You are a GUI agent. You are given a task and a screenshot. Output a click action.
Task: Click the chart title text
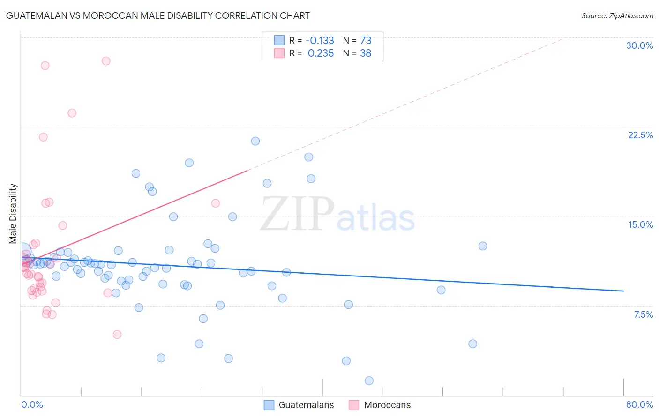coord(157,15)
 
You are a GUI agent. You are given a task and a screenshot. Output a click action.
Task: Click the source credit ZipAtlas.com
coord(617,15)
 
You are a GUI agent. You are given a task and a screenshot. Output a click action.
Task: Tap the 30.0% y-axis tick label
coord(639,45)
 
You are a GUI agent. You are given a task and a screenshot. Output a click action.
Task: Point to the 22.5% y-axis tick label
coord(640,135)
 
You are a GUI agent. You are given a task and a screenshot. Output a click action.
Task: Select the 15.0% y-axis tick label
coord(640,224)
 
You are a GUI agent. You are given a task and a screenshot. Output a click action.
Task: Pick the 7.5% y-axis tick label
coord(643,314)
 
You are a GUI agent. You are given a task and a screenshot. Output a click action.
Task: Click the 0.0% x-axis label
coord(32,404)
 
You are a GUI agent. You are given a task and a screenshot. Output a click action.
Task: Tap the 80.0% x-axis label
coord(639,404)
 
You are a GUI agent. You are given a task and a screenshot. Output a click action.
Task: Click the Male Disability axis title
coord(13,213)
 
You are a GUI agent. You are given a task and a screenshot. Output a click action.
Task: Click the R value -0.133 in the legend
coord(320,40)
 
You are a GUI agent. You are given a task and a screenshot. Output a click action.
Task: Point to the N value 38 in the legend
coord(366,53)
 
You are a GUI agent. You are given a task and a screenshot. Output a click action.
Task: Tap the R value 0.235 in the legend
coord(321,53)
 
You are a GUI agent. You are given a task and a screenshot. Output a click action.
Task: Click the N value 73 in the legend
coord(366,40)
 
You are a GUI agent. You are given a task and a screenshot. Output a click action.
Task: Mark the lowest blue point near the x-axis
coord(369,381)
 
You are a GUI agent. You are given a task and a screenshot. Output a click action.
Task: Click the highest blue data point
coord(255,141)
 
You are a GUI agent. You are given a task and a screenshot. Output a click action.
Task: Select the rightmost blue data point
coord(483,246)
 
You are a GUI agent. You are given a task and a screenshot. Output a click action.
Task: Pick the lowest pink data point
coord(117,335)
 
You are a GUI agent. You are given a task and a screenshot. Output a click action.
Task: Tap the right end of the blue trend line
coord(623,291)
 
